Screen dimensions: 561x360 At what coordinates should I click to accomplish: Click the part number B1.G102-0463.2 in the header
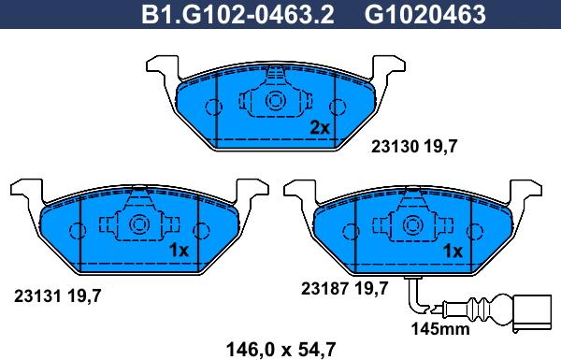(237, 14)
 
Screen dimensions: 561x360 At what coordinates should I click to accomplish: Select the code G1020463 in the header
(425, 14)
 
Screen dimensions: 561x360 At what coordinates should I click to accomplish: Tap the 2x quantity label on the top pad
(320, 127)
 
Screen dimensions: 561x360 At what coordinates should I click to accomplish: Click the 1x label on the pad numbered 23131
(179, 251)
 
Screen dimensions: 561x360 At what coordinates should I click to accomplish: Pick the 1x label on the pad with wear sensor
(453, 252)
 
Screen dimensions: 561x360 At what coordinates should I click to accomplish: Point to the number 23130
(395, 147)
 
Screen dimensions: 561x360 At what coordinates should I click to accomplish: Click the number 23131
(37, 295)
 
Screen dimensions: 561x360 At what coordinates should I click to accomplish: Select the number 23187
(324, 288)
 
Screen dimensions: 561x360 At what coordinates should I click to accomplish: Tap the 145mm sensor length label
(440, 328)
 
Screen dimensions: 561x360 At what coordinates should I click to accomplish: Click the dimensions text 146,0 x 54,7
(280, 349)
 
